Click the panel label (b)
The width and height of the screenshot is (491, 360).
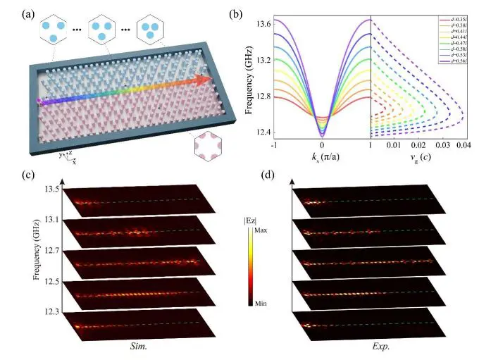(x=254, y=13)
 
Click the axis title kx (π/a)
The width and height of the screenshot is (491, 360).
(x=321, y=159)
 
